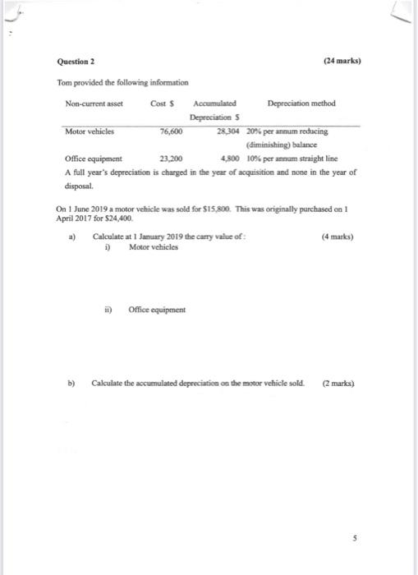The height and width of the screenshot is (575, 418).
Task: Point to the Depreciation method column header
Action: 301,103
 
